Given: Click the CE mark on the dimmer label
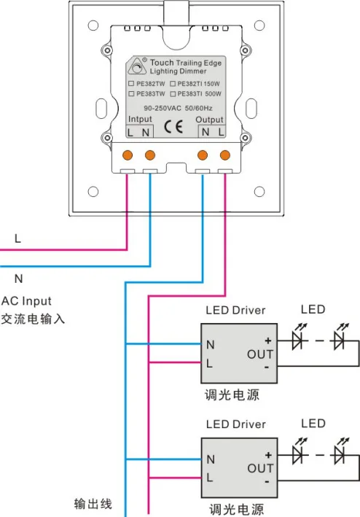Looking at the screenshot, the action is pos(173,127).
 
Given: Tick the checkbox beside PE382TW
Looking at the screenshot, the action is pos(131,84).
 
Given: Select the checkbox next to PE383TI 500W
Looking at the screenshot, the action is pos(173,94).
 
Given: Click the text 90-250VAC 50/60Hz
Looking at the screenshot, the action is pos(178,108).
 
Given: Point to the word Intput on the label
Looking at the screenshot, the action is pos(140,119).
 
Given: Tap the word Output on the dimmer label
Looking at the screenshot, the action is pos(209,120).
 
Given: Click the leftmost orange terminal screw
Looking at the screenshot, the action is pos(128,155).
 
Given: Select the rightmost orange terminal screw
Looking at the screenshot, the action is pos(225,155).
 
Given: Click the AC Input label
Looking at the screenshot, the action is pos(26,301).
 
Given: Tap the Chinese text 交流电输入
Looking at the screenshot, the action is pos(33,319).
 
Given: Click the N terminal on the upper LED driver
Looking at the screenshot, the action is pos(211,345).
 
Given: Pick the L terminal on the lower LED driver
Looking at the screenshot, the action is pos(210,477).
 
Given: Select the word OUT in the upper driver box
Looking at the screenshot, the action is pos(260,354).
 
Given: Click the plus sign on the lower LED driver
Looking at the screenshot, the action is pos(268,455).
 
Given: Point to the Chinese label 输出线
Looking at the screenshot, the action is pos(93,504).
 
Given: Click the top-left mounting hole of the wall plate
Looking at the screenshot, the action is pos(93,25).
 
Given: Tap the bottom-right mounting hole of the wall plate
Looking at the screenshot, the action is pos(259,192).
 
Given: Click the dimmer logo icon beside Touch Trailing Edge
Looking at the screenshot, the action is pos(137,66).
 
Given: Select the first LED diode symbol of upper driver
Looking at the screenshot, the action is pos(298,337).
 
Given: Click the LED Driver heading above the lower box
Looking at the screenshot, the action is pos(236,424).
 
